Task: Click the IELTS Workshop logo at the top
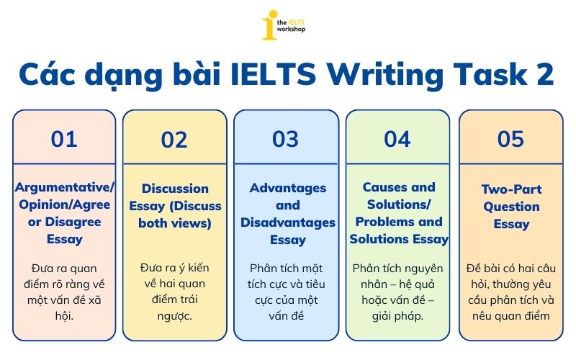click(x=288, y=25)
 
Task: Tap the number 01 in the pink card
click(x=64, y=139)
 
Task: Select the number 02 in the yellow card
click(x=174, y=140)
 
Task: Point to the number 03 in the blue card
click(x=285, y=139)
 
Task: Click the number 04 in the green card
click(x=397, y=139)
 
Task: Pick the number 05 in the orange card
click(x=510, y=139)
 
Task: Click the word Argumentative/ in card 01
click(x=65, y=188)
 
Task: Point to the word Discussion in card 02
click(x=175, y=189)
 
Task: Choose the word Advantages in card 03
click(x=287, y=188)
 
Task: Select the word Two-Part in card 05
click(x=511, y=189)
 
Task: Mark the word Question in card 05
click(x=511, y=207)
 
